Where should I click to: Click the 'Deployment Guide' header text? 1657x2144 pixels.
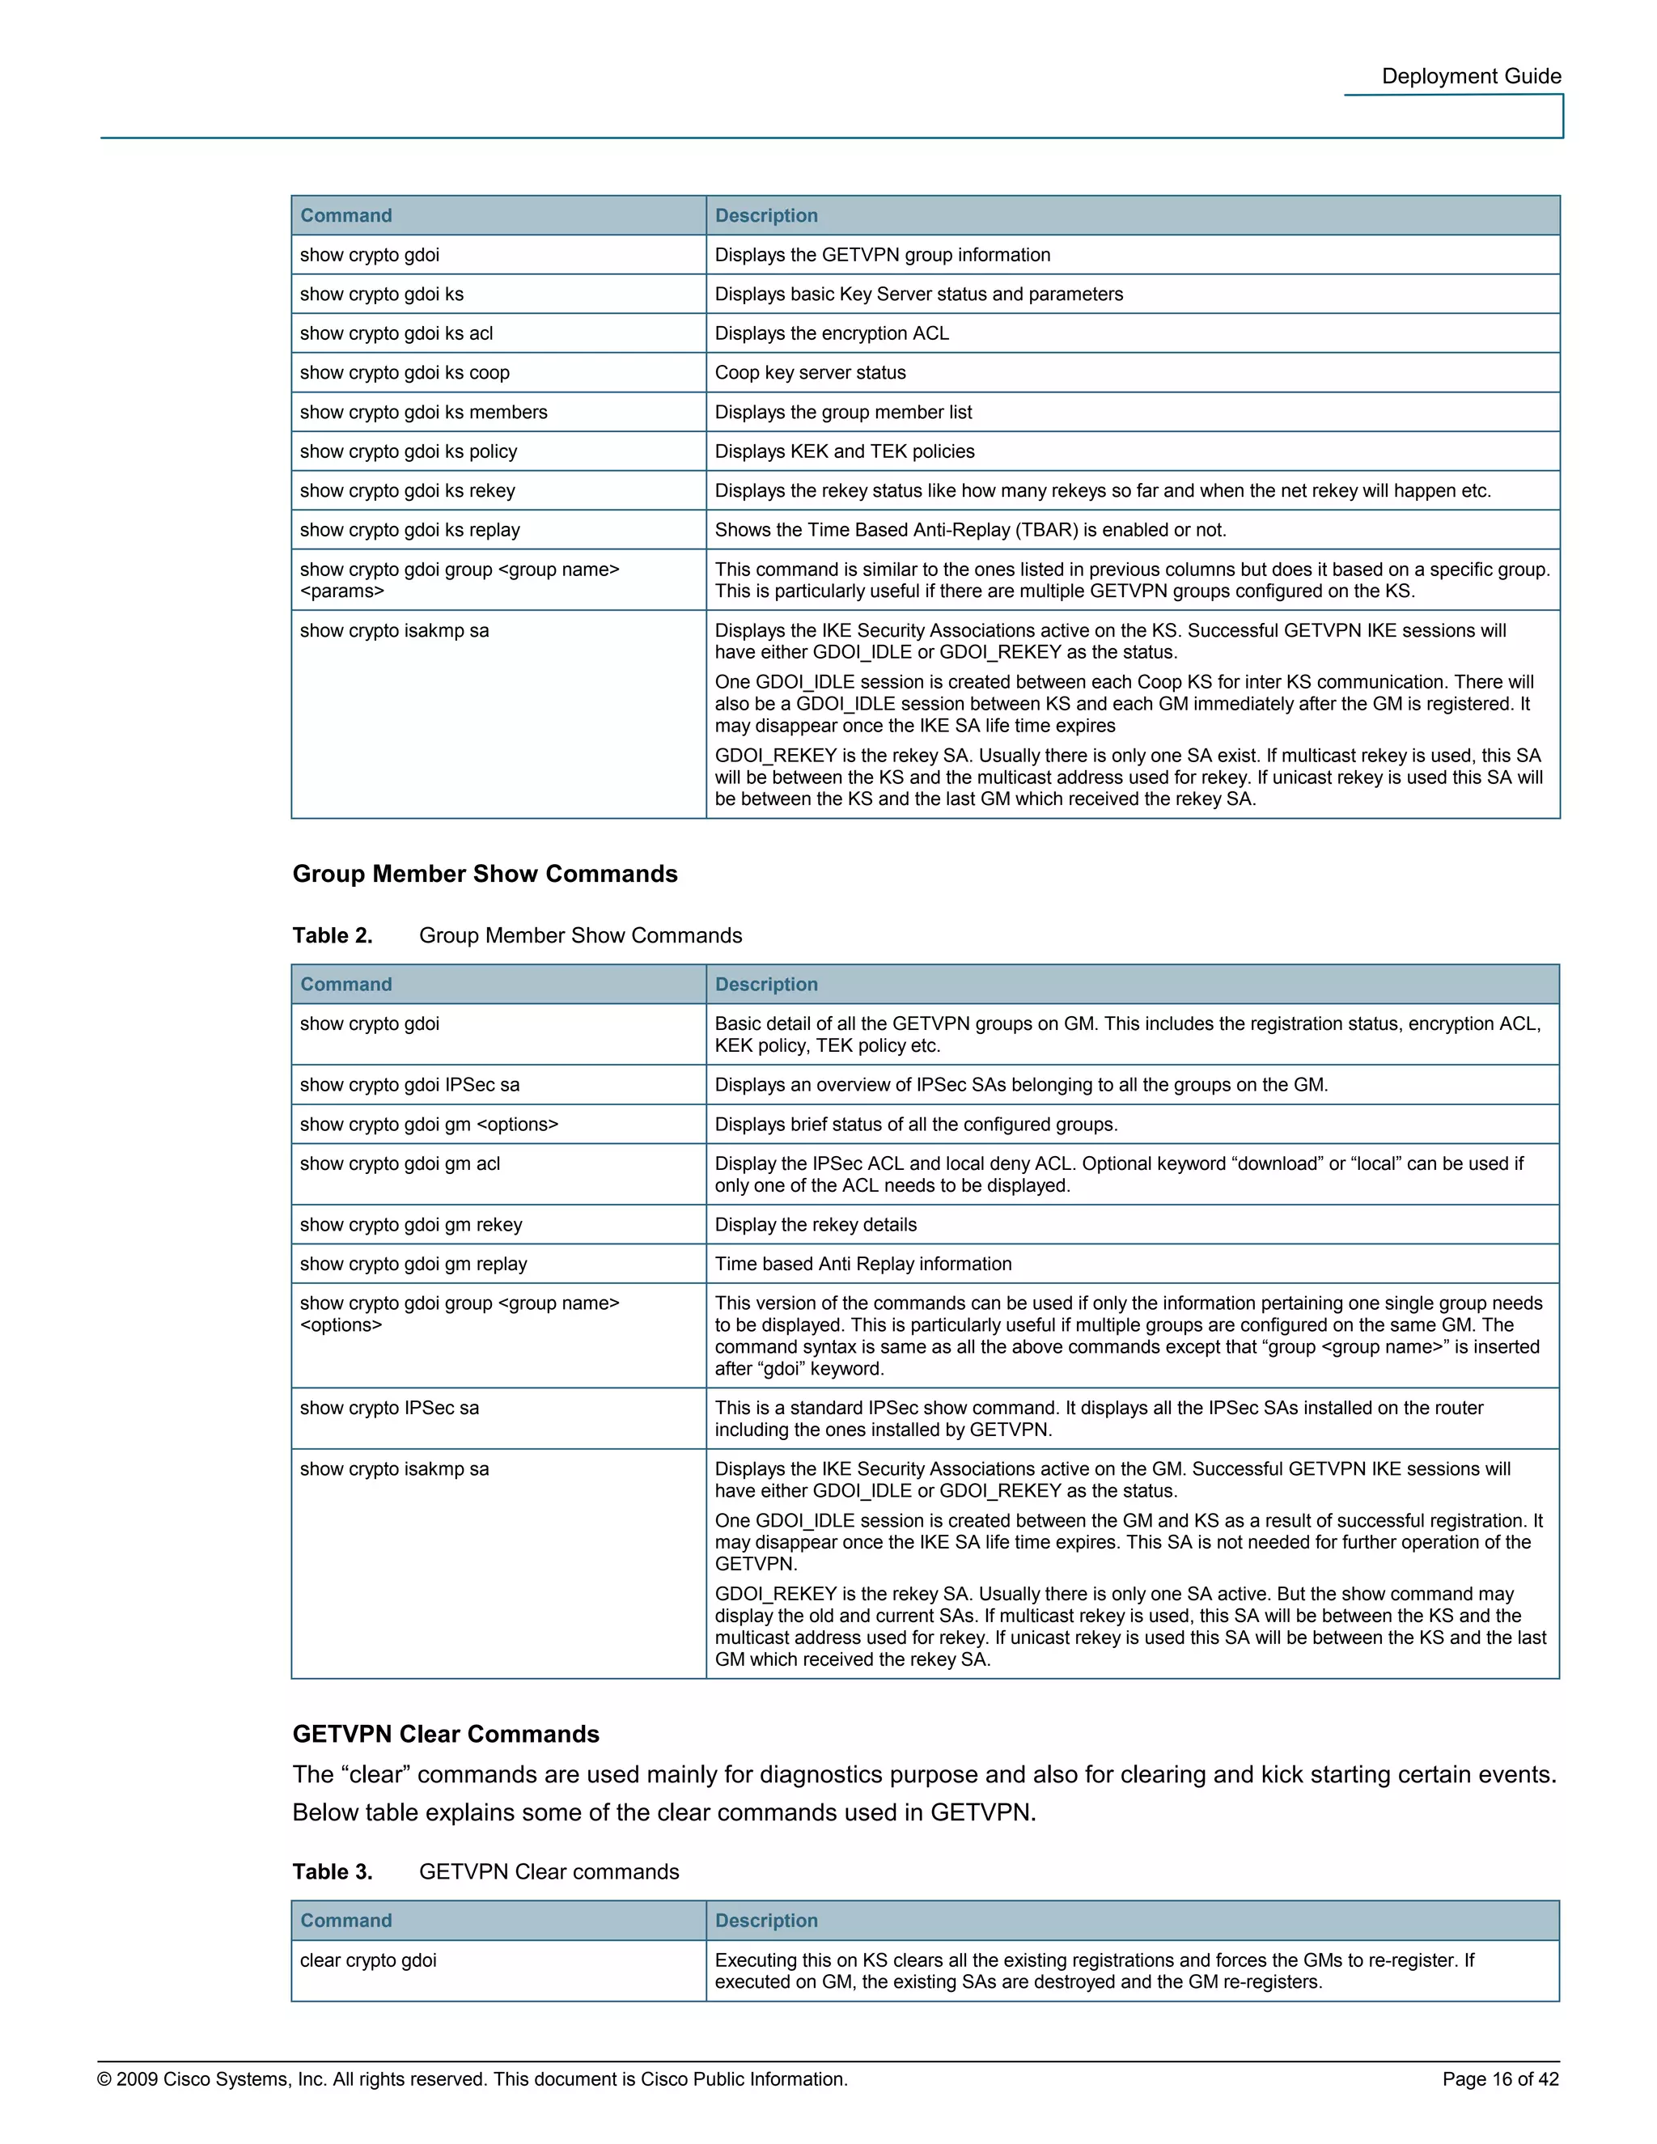(1470, 77)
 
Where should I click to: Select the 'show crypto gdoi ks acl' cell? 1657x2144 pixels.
(396, 334)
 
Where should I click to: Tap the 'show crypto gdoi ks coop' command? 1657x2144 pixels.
(405, 373)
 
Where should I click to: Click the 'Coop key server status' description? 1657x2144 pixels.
(810, 373)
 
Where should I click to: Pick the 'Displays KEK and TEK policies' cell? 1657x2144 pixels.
(844, 451)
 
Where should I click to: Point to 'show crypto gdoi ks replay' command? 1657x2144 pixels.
(410, 530)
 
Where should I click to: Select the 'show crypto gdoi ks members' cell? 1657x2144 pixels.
(424, 413)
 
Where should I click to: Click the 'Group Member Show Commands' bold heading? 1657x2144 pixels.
(485, 874)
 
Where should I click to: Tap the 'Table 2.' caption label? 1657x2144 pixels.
(333, 935)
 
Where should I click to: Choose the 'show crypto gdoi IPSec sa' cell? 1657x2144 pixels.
(410, 1085)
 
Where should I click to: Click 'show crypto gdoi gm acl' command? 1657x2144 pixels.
(400, 1163)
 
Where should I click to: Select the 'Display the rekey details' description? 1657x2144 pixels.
(816, 1224)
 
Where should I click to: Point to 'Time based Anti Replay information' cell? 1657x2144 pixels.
(862, 1264)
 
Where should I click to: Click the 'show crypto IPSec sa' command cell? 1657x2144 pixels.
(390, 1408)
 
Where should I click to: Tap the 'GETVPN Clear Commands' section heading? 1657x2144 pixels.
(446, 1734)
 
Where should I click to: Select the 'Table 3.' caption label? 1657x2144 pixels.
(333, 1872)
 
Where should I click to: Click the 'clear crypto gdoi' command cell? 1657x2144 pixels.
(368, 1960)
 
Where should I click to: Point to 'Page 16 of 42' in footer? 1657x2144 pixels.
(1500, 2079)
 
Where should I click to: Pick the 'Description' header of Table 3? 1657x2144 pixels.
(765, 1922)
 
